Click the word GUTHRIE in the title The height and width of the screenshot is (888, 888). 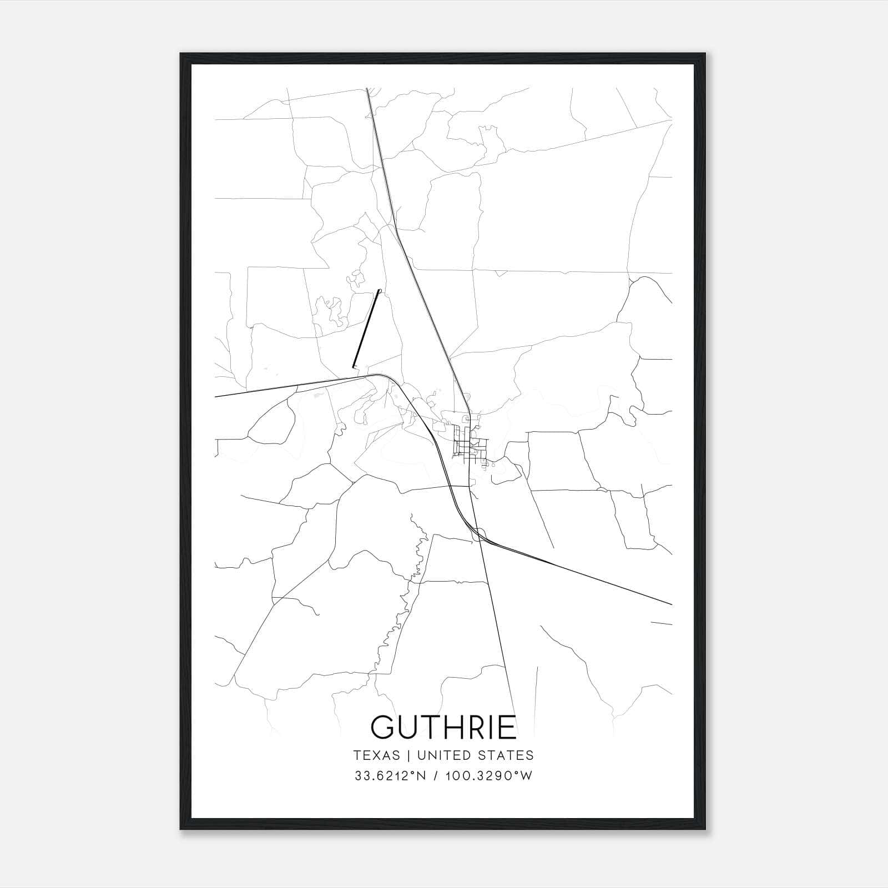coord(443,727)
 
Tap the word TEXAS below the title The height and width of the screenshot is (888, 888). coord(376,755)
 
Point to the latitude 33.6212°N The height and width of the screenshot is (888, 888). coord(390,776)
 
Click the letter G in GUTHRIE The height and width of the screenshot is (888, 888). coord(383,727)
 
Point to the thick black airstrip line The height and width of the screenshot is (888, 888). coord(366,329)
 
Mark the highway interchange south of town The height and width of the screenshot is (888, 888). coord(478,534)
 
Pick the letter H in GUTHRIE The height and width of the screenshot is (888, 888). coord(450,727)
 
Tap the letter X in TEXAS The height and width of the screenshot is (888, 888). coord(376,755)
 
